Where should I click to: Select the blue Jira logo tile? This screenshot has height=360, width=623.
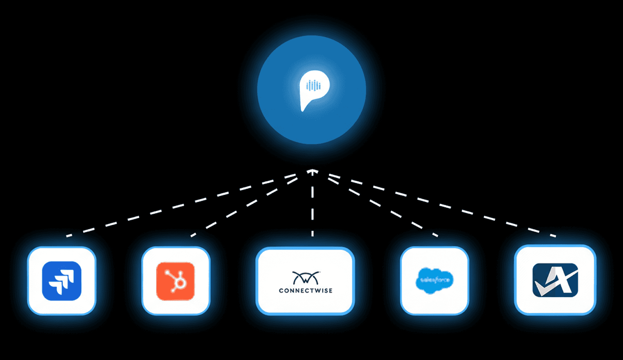pyautogui.click(x=62, y=281)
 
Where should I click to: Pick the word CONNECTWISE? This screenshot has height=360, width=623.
pyautogui.click(x=305, y=290)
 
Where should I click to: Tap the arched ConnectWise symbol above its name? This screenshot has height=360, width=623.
pyautogui.click(x=305, y=277)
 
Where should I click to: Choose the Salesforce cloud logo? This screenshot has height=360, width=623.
pyautogui.click(x=435, y=280)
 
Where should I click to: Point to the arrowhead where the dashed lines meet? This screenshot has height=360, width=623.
pyautogui.click(x=312, y=171)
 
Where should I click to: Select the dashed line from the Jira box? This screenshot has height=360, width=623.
pyautogui.click(x=183, y=206)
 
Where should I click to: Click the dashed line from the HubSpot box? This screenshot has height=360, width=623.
pyautogui.click(x=244, y=205)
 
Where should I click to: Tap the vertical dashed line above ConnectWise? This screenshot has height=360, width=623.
pyautogui.click(x=312, y=205)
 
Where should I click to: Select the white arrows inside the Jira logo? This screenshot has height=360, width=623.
pyautogui.click(x=62, y=281)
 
